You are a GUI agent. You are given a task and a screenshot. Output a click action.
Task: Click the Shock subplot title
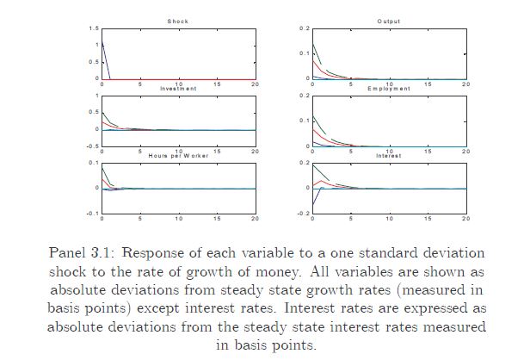(178, 21)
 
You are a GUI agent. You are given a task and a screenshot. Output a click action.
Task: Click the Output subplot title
(389, 21)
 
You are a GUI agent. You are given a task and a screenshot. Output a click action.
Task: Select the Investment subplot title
(178, 89)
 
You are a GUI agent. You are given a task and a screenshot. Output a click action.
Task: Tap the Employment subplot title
(389, 89)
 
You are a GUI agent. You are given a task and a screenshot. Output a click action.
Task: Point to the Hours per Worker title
(178, 155)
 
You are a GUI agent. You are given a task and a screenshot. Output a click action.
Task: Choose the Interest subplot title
(389, 155)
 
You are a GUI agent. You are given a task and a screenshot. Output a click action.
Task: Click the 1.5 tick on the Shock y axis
(93, 28)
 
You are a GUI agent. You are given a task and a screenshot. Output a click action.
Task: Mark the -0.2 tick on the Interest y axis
(303, 213)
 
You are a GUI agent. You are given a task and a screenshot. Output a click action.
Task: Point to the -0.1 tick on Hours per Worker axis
(91, 213)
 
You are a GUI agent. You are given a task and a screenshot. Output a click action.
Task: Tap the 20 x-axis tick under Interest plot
(465, 219)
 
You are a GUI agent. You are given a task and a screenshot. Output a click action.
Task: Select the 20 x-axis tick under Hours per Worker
(255, 219)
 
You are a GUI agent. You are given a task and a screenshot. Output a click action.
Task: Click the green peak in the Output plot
(313, 44)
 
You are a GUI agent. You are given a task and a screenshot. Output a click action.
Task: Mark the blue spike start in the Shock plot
(102, 42)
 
